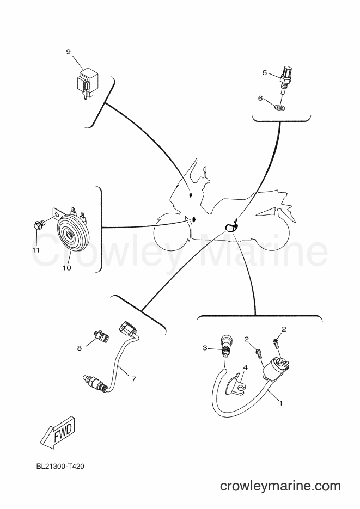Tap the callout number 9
point(69,52)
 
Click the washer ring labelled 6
point(279,107)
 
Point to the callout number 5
point(265,73)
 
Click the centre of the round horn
point(69,235)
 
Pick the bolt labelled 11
point(39,225)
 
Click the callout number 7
point(133,378)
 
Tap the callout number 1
point(281,403)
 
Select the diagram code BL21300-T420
point(60,467)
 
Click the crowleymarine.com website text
point(280,486)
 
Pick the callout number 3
point(205,348)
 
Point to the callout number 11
point(36,250)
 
